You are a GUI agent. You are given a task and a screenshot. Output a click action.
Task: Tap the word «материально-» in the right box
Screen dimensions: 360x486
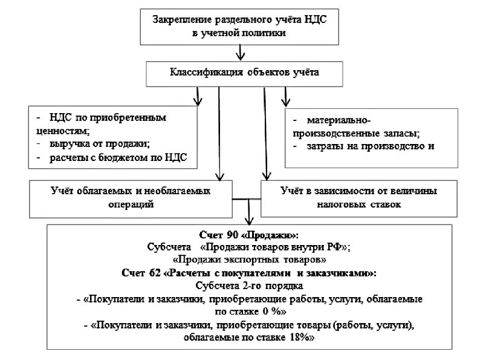[343, 120]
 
